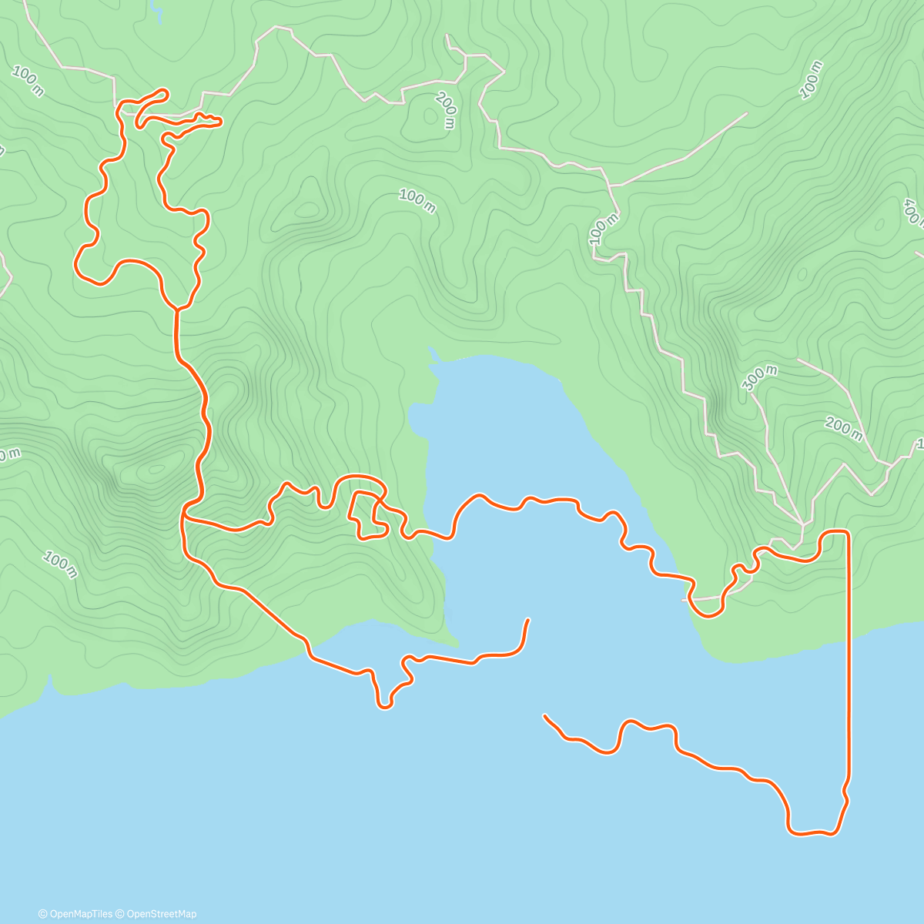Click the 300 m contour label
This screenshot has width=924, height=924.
tap(761, 378)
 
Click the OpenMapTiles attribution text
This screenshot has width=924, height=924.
tap(75, 914)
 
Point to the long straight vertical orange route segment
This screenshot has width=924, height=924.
tap(849, 654)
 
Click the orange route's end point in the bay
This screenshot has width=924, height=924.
tap(527, 620)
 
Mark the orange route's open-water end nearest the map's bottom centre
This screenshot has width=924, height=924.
tap(545, 717)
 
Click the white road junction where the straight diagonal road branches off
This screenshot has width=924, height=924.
tap(610, 186)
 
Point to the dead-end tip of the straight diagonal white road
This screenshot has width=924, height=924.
tap(745, 114)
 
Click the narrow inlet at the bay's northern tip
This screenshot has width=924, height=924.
tap(433, 355)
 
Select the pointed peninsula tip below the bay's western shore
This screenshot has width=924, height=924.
tap(455, 643)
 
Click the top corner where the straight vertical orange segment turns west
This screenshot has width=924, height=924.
tap(847, 533)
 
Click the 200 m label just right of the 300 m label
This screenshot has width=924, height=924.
tap(843, 428)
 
